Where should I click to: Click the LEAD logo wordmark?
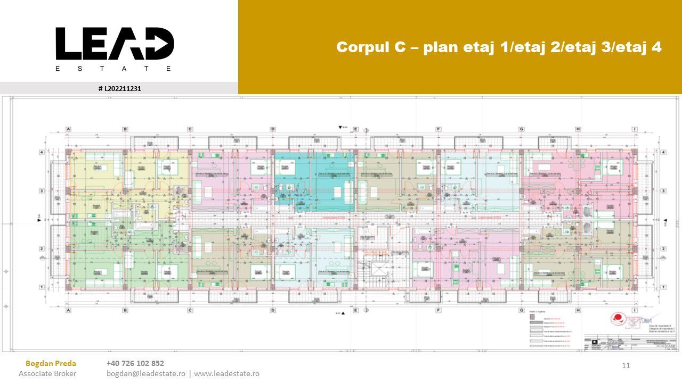click(115, 44)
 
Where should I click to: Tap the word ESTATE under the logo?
click(115, 69)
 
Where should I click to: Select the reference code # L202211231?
click(120, 88)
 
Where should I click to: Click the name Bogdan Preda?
click(51, 363)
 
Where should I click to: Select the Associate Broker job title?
click(47, 373)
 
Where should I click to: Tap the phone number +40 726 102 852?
click(135, 363)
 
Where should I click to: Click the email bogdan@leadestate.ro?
click(146, 373)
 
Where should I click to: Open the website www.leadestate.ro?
click(226, 373)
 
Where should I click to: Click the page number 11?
click(626, 365)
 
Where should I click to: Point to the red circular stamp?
click(620, 319)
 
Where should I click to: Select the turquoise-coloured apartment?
click(314, 178)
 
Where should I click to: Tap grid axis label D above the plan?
click(273, 129)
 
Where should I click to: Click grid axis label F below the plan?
click(439, 310)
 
